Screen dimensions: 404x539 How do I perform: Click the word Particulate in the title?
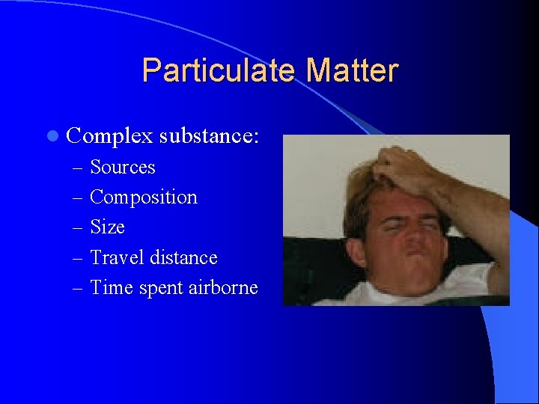pyautogui.click(x=219, y=71)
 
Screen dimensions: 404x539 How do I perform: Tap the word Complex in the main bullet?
pyautogui.click(x=109, y=136)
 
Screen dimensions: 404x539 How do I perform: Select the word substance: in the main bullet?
pyautogui.click(x=209, y=136)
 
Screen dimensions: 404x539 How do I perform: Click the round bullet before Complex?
pyautogui.click(x=51, y=136)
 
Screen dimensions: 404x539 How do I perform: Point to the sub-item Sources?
pyautogui.click(x=122, y=167)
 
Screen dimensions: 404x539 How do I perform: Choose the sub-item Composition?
pyautogui.click(x=144, y=198)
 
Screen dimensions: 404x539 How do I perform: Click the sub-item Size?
pyautogui.click(x=107, y=227)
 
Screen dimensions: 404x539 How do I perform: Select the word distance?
pyautogui.click(x=183, y=257)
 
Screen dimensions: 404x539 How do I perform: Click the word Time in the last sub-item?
pyautogui.click(x=112, y=287)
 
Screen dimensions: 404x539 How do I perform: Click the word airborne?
pyautogui.click(x=223, y=287)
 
